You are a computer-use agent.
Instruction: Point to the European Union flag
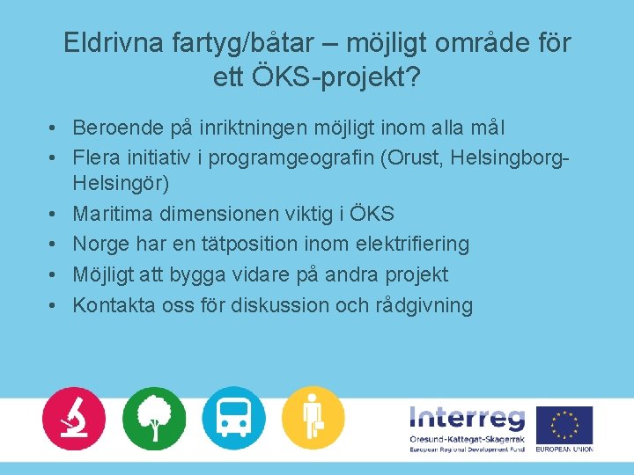pos(564,425)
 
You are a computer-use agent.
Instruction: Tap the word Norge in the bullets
pos(101,244)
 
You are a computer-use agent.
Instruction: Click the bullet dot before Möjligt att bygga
pos(54,274)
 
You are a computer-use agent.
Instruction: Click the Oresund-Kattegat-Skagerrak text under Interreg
pos(467,439)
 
